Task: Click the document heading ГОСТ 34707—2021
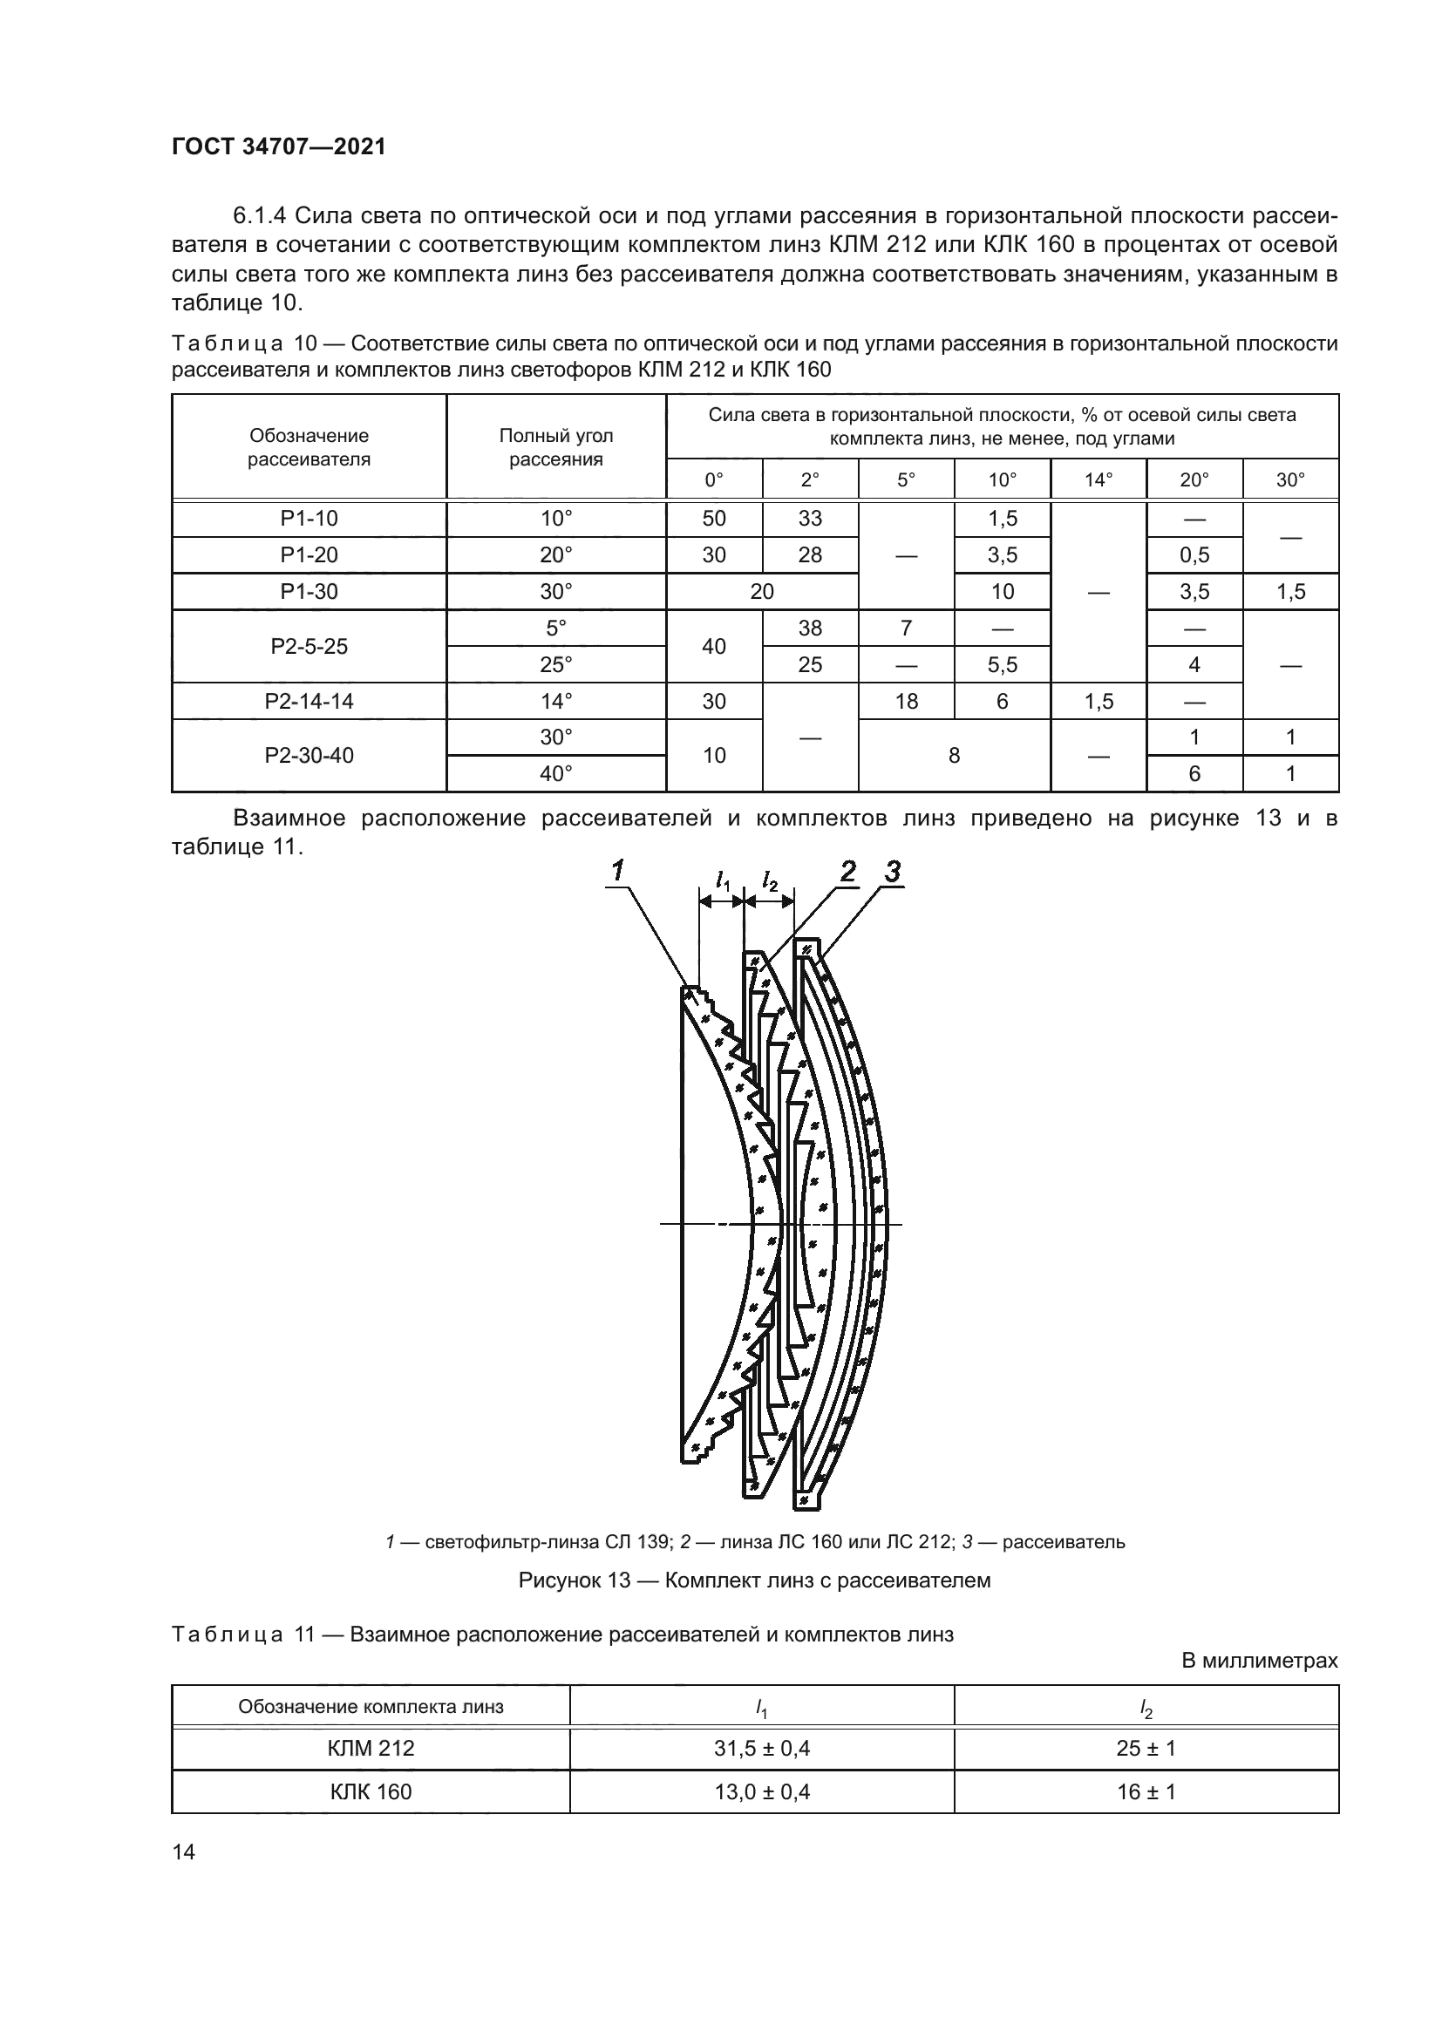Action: tap(279, 146)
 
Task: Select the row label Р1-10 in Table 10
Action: tap(309, 519)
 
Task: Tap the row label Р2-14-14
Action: tap(309, 702)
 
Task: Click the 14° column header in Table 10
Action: tap(1099, 480)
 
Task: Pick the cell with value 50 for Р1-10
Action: tap(714, 519)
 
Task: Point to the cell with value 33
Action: tap(810, 519)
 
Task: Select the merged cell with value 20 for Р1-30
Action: tap(762, 592)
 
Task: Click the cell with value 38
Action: tap(810, 629)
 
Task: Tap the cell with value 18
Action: tap(906, 702)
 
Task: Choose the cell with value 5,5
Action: tap(1003, 665)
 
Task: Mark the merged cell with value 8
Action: tap(954, 756)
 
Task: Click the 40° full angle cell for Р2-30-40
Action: tap(556, 774)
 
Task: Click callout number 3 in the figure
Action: tap(893, 871)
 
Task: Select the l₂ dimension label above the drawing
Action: tap(770, 882)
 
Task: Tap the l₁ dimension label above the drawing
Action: tap(723, 882)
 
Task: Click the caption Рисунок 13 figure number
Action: tap(574, 1580)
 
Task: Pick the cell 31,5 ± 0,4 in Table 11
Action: tap(762, 1749)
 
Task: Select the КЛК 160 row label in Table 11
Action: tap(371, 1792)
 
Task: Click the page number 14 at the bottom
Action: tap(184, 1852)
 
